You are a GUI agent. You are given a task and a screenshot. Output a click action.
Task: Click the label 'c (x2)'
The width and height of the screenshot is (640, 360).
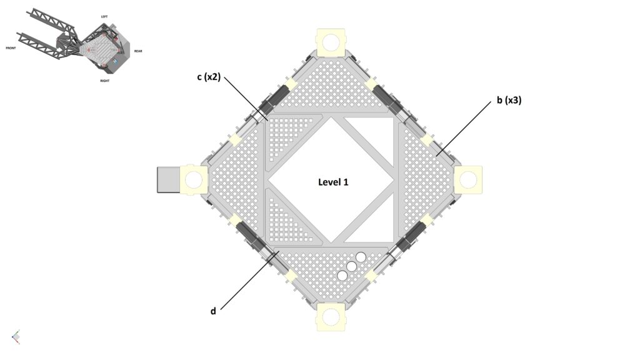point(209,77)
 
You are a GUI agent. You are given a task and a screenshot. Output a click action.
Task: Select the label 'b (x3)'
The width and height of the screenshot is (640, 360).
point(509,100)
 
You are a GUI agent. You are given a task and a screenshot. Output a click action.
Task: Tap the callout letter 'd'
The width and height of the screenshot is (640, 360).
point(213,311)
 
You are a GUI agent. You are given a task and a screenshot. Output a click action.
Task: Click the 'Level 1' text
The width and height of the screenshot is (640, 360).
point(333,182)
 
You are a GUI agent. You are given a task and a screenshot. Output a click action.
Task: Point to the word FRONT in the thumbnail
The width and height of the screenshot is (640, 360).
point(11,48)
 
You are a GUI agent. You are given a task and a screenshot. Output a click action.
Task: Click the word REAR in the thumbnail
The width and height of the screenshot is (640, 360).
point(138,51)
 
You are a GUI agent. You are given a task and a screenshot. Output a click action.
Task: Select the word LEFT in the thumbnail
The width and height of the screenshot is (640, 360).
point(104,17)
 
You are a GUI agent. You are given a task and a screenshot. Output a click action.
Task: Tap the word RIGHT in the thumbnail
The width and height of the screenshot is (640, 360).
point(105,81)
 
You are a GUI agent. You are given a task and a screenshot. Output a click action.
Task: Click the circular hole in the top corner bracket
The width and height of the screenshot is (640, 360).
point(331,42)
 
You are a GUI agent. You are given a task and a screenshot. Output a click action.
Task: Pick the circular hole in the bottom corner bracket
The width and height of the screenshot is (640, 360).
point(331,316)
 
